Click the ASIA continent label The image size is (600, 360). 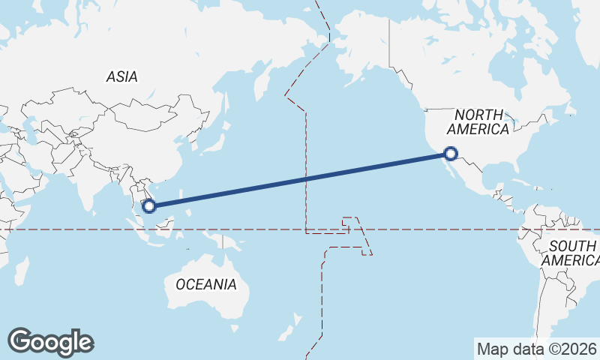pyautogui.click(x=121, y=76)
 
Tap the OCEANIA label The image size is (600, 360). pyautogui.click(x=206, y=285)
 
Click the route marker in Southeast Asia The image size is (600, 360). pyautogui.click(x=148, y=205)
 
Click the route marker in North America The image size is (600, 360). pyautogui.click(x=450, y=153)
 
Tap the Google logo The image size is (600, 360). pyautogui.click(x=50, y=342)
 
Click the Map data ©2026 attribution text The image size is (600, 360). pyautogui.click(x=536, y=349)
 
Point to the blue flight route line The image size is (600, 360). pyautogui.click(x=300, y=178)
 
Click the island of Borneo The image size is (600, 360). pyautogui.click(x=174, y=225)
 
